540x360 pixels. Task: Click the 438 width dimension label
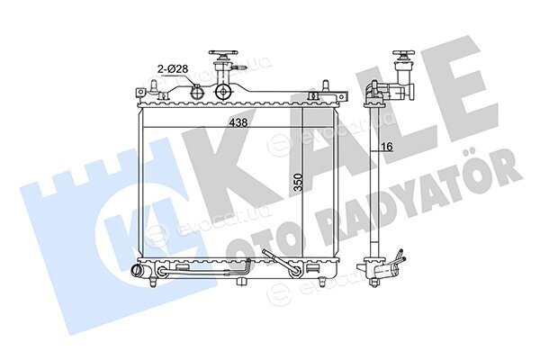click(x=239, y=122)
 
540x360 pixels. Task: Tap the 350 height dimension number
click(x=298, y=182)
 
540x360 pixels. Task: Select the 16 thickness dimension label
click(x=387, y=147)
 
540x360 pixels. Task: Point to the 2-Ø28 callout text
click(x=173, y=69)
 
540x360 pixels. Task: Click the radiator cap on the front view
click(x=223, y=56)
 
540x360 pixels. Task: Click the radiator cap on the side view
click(x=403, y=56)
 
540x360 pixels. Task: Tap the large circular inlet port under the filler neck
click(x=224, y=92)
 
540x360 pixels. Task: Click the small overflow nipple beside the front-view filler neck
click(x=239, y=68)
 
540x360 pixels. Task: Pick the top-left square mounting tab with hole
click(x=140, y=93)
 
